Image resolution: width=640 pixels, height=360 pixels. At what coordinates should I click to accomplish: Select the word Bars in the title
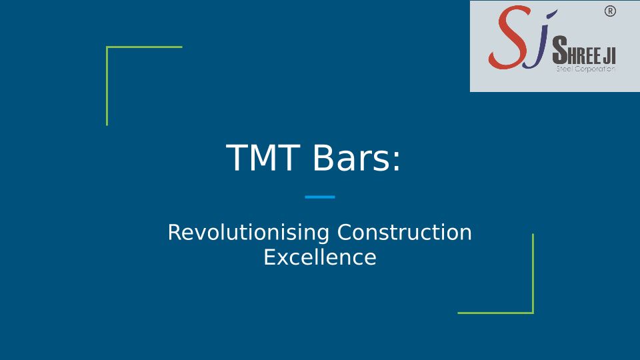click(x=352, y=158)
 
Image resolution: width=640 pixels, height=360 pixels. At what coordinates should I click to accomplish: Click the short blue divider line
click(x=320, y=197)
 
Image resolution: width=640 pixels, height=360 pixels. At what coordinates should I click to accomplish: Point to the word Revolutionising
click(x=249, y=232)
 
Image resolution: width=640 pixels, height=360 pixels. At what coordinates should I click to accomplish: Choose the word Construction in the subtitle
click(x=405, y=232)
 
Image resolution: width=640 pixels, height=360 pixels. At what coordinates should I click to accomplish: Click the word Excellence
click(x=320, y=257)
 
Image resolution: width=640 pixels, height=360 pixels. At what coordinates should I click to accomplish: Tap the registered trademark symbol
click(x=610, y=11)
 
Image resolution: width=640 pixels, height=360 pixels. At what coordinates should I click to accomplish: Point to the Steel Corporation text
click(x=586, y=69)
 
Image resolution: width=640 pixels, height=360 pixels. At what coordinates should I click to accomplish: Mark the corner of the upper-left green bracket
click(x=107, y=47)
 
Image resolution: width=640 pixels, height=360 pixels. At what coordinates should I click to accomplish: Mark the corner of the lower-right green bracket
click(x=533, y=313)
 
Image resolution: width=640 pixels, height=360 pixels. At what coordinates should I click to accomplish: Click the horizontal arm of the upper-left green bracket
click(x=144, y=47)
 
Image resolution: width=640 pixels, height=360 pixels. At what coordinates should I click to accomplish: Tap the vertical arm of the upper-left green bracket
click(x=107, y=86)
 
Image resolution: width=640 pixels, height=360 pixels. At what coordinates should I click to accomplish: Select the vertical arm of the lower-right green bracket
click(x=533, y=273)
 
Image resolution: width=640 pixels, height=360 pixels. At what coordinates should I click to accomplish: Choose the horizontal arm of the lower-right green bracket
click(x=495, y=313)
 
